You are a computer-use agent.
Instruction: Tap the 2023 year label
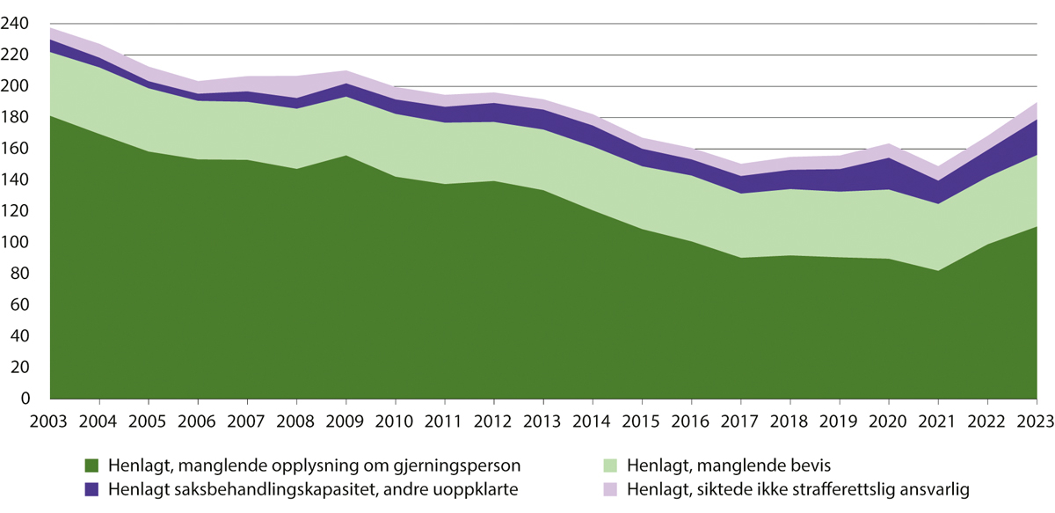point(1034,418)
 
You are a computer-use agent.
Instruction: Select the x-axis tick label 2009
point(346,418)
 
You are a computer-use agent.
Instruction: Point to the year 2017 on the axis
point(739,418)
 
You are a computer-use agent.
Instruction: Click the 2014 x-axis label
point(593,418)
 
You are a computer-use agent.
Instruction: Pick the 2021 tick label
point(935,418)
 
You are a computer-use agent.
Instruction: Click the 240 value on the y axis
point(18,24)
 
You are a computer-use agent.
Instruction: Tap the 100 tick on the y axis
point(18,243)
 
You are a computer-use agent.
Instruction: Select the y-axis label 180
point(18,118)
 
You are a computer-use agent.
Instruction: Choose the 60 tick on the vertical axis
point(21,305)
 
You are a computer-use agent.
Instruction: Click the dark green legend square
point(91,464)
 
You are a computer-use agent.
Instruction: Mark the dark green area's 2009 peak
point(346,156)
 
